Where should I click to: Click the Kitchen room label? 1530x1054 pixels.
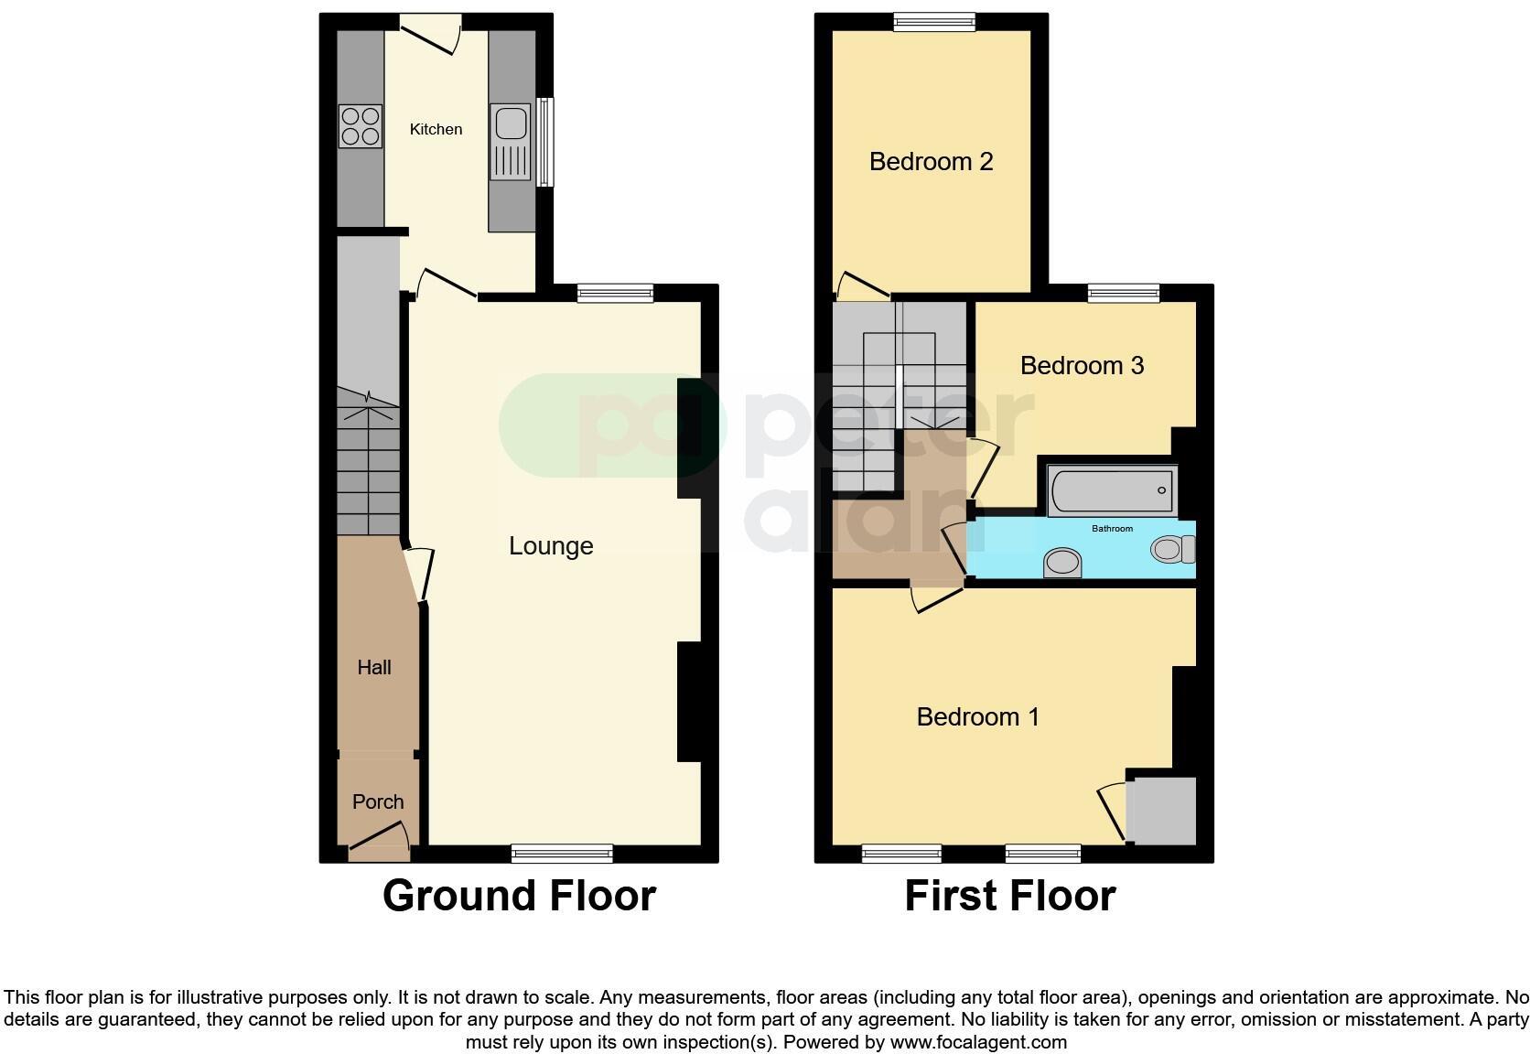436,129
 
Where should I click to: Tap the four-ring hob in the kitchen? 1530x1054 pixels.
360,126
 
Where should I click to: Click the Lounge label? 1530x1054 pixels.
551,546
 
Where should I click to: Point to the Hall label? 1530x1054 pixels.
373,668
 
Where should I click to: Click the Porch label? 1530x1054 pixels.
377,802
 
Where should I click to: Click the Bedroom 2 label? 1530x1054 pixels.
931,162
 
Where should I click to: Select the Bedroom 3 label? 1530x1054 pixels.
1082,366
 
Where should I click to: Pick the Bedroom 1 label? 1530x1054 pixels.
977,716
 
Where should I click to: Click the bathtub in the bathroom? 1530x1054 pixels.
1112,491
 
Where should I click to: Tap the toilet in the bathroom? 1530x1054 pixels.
1173,549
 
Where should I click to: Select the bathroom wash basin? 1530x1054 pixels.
1062,562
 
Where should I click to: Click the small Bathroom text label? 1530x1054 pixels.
1112,529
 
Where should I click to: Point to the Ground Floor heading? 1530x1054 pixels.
519,896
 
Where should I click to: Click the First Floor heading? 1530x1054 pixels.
1009,896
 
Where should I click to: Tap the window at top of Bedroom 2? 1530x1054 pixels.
934,22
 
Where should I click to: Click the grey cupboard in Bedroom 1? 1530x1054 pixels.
1160,811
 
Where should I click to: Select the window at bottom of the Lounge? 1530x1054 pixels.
562,854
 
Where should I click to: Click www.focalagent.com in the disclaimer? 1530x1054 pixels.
978,1042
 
